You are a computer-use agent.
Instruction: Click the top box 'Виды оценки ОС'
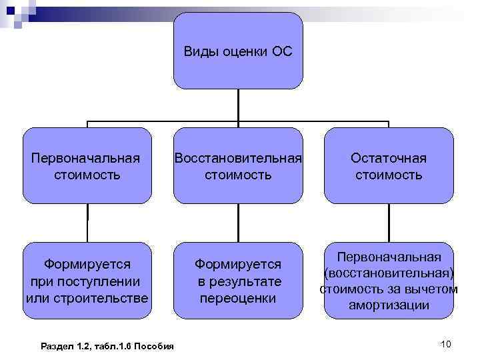click(x=238, y=51)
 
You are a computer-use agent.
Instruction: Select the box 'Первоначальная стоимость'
click(x=87, y=165)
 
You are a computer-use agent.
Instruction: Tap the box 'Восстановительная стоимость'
click(x=238, y=165)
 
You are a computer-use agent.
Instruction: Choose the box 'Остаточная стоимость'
click(x=389, y=165)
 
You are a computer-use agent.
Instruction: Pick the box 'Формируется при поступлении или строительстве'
click(x=87, y=281)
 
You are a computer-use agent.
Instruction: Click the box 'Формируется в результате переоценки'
click(x=238, y=281)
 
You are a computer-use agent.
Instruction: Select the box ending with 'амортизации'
click(x=389, y=281)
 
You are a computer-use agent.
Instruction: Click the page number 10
click(x=446, y=343)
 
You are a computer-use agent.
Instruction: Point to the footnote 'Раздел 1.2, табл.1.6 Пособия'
click(x=107, y=345)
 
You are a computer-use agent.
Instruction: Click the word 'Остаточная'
click(x=389, y=158)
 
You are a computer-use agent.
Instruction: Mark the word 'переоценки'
click(x=238, y=298)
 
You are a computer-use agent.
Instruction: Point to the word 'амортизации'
click(x=389, y=306)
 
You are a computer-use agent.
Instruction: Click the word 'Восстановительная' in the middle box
click(x=238, y=158)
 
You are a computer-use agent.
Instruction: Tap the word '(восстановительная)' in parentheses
click(x=389, y=273)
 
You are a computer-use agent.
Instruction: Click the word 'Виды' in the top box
click(x=199, y=51)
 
